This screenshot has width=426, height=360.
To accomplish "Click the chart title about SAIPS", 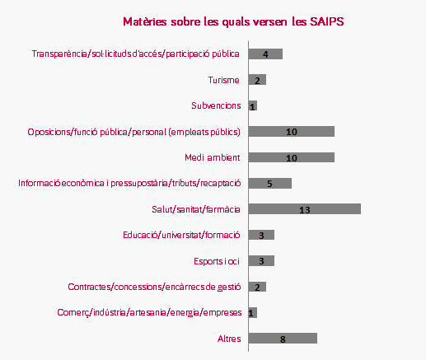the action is click(233, 21).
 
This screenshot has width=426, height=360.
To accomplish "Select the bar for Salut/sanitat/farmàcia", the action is click(305, 208).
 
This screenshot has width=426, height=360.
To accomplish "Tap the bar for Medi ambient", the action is click(292, 157).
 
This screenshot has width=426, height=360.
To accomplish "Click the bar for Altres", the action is click(283, 338).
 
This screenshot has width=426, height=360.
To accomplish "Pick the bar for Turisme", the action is click(257, 80).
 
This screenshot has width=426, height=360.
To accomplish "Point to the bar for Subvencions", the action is click(253, 105).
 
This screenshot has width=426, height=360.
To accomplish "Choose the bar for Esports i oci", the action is click(261, 260).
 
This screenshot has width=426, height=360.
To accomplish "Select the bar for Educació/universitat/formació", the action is click(261, 235).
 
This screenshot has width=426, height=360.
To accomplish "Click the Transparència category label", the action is click(136, 54).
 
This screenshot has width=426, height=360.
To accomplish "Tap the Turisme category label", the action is click(223, 80).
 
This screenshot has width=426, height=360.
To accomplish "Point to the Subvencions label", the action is click(216, 105).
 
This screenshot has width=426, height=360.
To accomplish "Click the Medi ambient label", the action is click(213, 157).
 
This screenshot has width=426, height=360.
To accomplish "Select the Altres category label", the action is click(229, 339).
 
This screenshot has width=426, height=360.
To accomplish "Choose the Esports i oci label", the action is click(217, 261).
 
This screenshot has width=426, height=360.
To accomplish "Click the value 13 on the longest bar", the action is click(305, 210).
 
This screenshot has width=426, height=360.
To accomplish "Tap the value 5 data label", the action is click(269, 184).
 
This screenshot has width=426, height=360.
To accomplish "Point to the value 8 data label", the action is click(283, 339).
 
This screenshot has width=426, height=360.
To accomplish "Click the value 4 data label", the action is click(265, 54).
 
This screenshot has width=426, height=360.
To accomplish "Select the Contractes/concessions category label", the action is click(154, 287).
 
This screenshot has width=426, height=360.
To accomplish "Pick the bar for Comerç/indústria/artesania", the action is click(253, 312).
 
